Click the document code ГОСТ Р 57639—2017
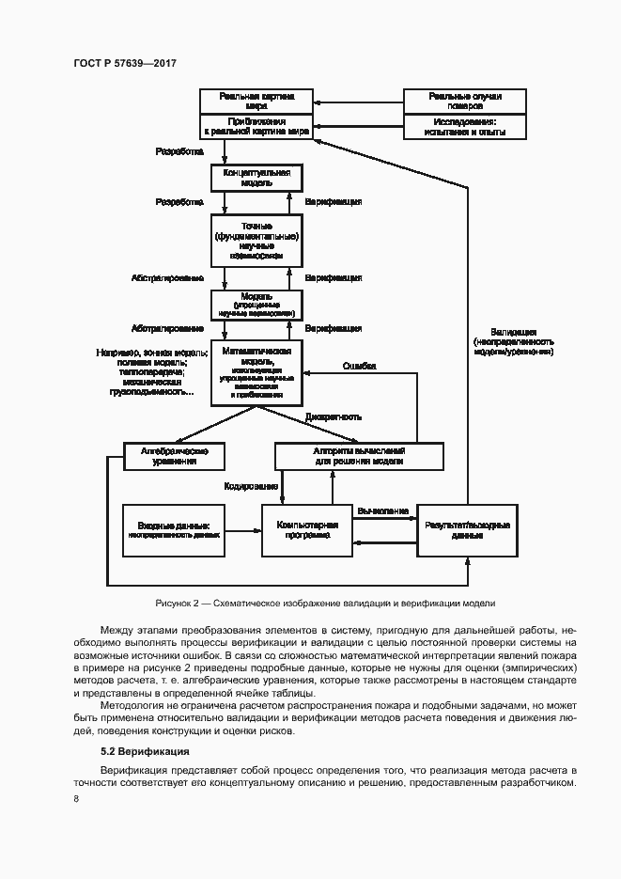coord(125,63)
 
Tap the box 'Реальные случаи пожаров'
coord(464,101)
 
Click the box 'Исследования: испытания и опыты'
coord(464,127)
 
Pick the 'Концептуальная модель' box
coord(256,178)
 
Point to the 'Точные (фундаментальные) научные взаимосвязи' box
coord(256,240)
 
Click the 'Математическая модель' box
coord(256,372)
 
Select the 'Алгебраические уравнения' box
coord(174,456)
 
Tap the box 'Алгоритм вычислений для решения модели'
coord(358,456)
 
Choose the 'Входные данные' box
coord(176,530)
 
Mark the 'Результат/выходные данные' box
coord(467,529)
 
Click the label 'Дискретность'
coord(334,416)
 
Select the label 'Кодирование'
coord(250,486)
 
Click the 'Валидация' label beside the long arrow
coord(514,332)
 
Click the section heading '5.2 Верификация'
coord(145,751)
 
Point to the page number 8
coord(76,799)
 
